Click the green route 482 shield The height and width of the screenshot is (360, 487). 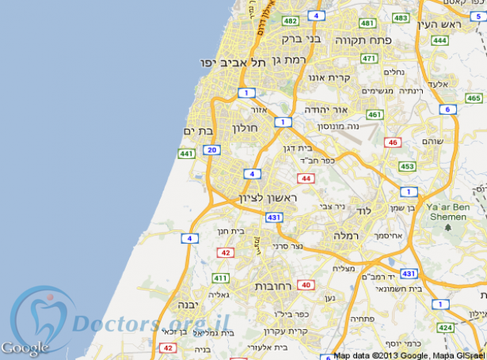(291, 21)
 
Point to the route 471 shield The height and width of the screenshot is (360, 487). (368, 59)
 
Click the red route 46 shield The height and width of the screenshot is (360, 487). (391, 142)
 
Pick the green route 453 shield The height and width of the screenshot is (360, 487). (407, 166)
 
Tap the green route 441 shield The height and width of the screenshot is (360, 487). (186, 153)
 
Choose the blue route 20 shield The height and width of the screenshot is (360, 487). (211, 150)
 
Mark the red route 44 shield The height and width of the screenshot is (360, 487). (305, 178)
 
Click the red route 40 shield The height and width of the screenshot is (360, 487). (306, 285)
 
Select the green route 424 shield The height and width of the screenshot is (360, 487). (447, 327)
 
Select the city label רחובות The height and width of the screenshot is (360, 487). (274, 285)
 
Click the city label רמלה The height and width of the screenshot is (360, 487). (347, 235)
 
